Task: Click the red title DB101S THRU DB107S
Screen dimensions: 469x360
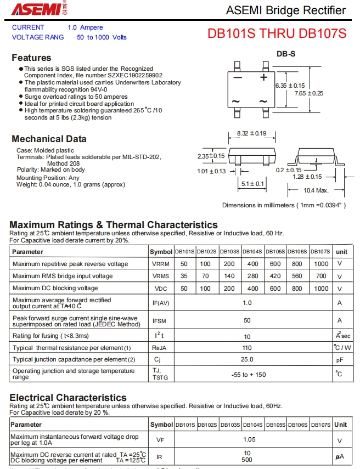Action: (277, 33)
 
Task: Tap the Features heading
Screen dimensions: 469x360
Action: (31, 58)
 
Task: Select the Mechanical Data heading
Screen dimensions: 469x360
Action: (49, 139)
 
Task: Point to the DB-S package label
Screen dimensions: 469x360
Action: (285, 54)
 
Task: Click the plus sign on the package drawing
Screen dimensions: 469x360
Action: (263, 77)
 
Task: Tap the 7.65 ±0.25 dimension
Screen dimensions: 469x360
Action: (309, 93)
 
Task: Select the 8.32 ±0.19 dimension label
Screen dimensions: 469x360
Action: (251, 133)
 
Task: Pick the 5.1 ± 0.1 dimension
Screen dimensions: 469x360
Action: (252, 184)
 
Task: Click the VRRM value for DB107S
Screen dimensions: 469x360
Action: (321, 264)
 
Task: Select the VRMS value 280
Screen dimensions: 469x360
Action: (252, 276)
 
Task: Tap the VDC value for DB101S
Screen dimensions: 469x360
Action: (184, 289)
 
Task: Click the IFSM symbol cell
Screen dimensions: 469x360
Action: (159, 320)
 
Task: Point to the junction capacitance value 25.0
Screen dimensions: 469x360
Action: (247, 359)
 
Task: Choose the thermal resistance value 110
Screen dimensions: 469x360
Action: (247, 348)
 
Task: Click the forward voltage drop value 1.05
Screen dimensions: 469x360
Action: (250, 439)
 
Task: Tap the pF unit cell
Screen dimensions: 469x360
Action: (340, 360)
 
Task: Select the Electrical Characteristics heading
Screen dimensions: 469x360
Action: (68, 397)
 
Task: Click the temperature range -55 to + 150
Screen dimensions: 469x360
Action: (248, 375)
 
